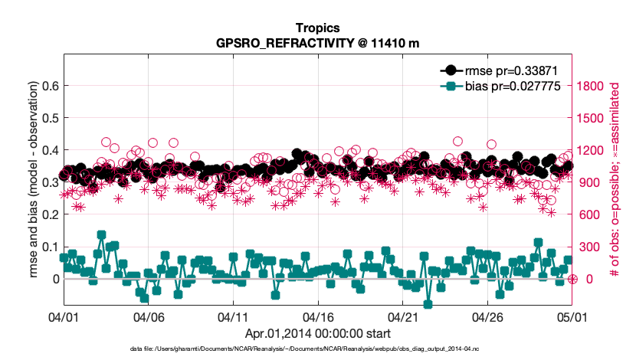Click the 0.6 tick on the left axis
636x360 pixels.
coord(48,86)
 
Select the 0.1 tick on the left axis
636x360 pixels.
coord(48,247)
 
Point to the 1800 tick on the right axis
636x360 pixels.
coord(592,86)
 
